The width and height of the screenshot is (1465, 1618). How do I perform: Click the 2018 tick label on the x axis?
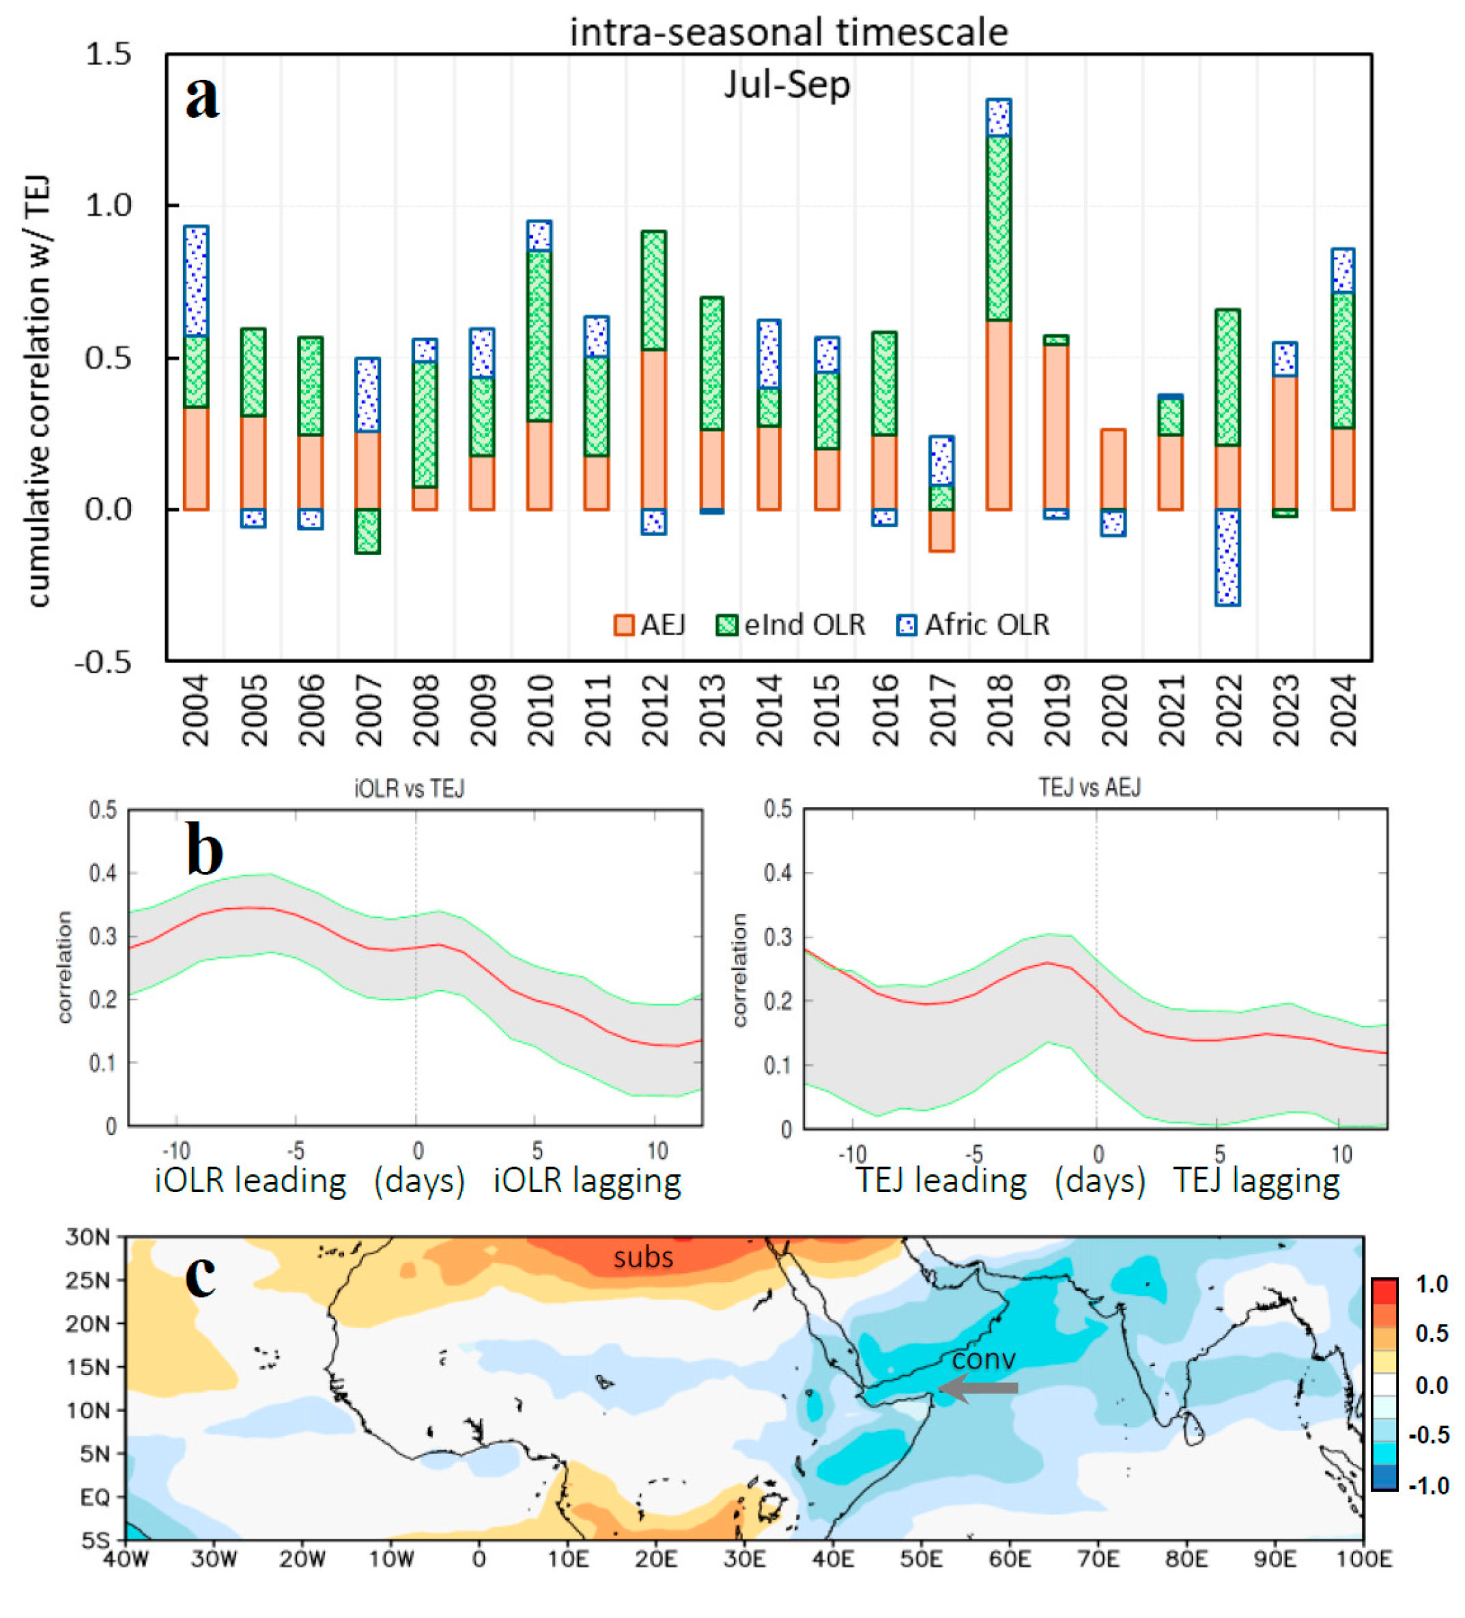999,710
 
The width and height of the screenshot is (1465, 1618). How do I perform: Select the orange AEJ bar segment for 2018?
998,415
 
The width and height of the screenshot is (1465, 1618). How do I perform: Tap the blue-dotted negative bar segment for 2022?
1227,557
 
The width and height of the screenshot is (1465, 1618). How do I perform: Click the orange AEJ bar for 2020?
1113,469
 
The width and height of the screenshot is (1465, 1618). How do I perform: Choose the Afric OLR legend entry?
973,625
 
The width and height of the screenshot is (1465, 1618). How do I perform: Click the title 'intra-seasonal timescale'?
788,32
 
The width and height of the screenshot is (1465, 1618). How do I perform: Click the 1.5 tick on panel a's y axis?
109,55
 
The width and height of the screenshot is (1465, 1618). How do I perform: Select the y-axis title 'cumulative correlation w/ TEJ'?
37,392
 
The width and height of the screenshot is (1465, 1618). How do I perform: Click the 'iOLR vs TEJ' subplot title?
410,788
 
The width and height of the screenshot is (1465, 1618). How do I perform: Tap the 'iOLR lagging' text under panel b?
587,1180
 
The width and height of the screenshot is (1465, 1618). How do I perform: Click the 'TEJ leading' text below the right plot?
941,1180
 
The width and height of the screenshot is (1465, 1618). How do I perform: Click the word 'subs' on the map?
643,1257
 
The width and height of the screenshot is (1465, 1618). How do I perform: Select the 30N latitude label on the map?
87,1237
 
